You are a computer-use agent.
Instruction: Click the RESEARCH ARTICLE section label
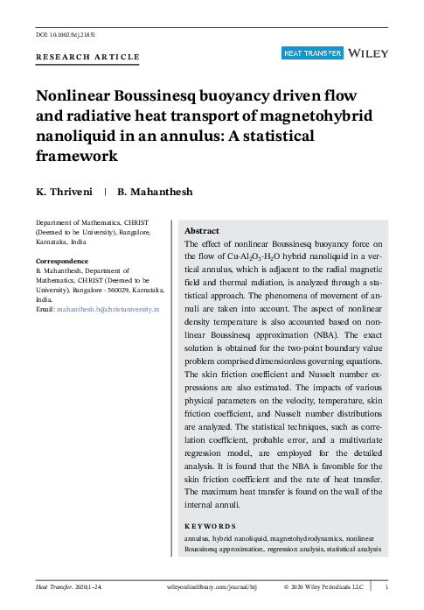coord(87,57)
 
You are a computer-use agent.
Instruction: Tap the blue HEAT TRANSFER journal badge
coord(311,54)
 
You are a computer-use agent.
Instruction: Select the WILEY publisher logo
coord(368,53)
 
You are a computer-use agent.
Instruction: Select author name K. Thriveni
coord(64,192)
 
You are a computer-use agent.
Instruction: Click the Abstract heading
coord(202,230)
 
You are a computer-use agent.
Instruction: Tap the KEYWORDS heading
coord(212,526)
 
